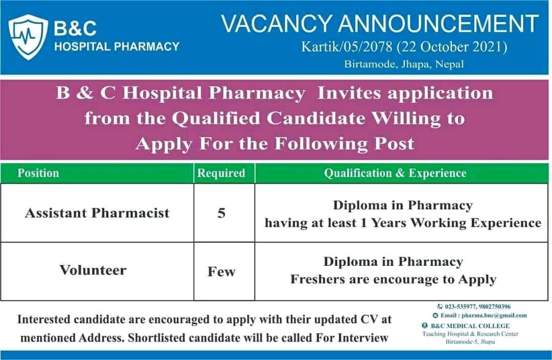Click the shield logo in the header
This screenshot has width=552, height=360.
29,37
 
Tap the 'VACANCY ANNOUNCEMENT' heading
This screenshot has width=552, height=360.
380,24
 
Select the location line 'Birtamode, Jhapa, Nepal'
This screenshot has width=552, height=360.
404,64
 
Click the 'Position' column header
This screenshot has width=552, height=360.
38,173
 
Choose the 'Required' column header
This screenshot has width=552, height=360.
221,173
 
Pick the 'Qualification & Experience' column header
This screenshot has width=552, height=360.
395,173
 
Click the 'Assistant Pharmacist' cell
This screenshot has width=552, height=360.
97,213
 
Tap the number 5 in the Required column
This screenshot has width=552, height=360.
221,213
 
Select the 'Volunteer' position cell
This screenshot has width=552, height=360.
93,270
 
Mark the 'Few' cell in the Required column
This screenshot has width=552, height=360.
221,272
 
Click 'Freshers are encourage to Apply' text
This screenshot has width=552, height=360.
394,279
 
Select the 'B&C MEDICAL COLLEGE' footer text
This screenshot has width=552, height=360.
469,326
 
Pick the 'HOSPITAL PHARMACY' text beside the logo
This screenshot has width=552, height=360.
117,47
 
